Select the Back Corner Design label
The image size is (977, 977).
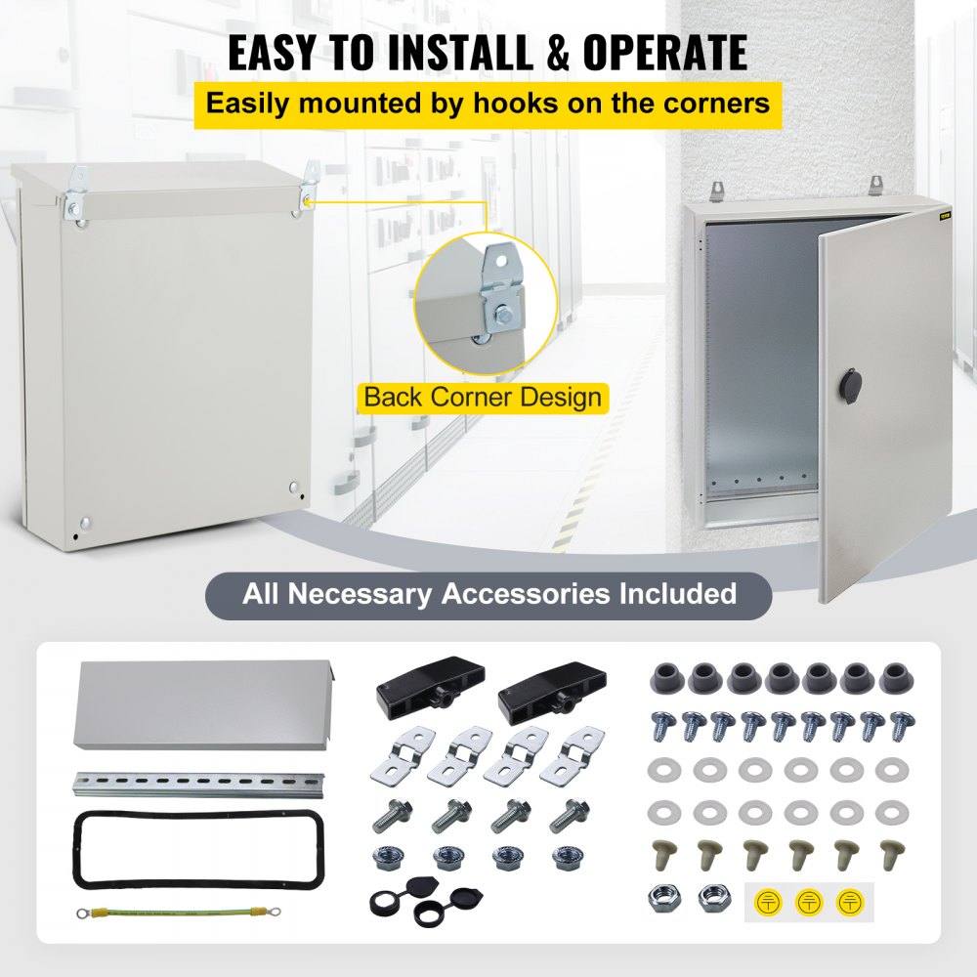coord(482,398)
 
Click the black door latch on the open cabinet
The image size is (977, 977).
coord(845,383)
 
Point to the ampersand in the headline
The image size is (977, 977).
coord(557,54)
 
